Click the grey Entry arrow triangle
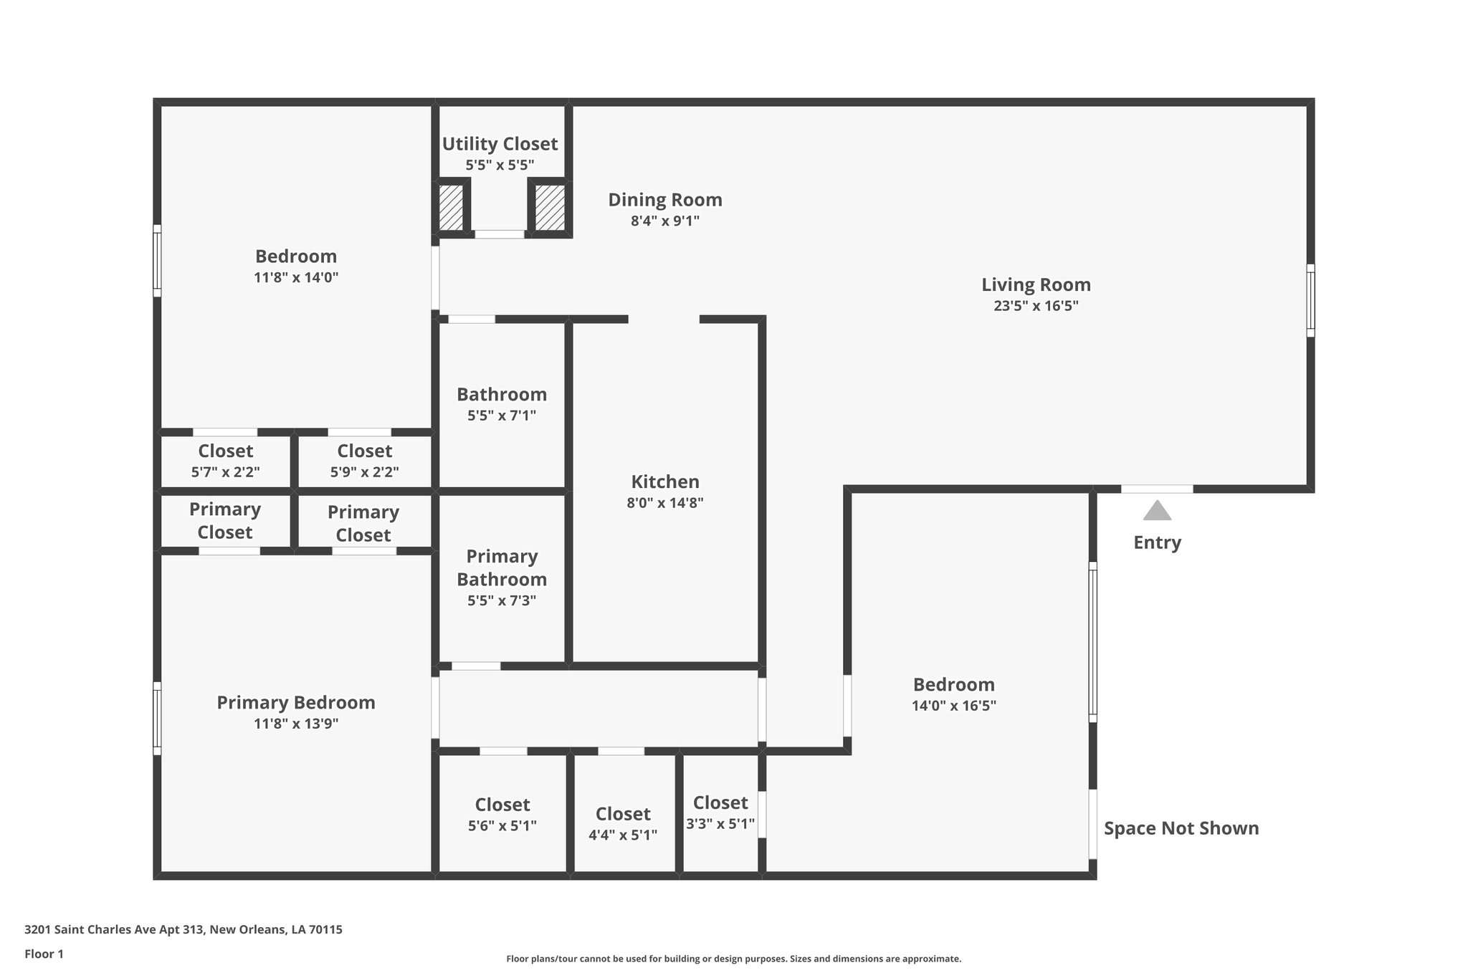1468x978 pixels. pos(1157,511)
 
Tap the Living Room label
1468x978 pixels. pos(1036,285)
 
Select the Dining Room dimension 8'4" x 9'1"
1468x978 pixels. pos(664,221)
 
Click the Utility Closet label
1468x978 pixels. pos(500,144)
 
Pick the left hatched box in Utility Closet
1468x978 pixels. pos(451,208)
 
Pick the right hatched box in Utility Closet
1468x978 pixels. pos(550,208)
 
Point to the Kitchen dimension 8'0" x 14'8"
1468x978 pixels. pos(664,503)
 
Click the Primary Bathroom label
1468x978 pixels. pos(501,567)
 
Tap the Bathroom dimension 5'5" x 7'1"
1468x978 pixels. pos(501,416)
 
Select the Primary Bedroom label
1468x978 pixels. pos(296,703)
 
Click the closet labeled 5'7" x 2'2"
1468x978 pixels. pos(225,461)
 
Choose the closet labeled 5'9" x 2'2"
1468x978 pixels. pos(364,461)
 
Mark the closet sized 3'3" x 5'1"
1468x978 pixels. pos(720,812)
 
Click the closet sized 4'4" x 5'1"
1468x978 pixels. pos(623,824)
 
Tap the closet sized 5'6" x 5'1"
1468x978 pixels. pos(502,815)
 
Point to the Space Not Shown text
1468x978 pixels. pos(1181,828)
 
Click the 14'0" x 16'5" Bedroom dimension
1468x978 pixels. pos(953,706)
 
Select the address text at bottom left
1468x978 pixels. pos(183,930)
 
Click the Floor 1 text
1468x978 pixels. pos(44,954)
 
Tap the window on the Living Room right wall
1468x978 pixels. pos(1310,300)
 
